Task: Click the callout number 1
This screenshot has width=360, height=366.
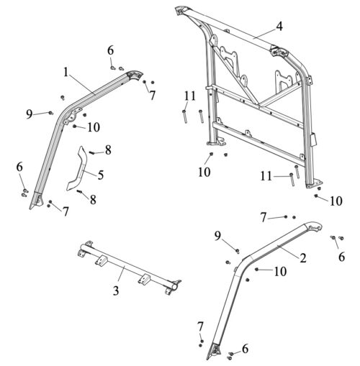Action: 66,72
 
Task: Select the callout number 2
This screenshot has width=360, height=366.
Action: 303,258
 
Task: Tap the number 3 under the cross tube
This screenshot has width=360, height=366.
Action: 116,290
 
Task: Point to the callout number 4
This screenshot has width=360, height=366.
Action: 279,27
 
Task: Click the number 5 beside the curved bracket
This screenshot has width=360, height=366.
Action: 101,175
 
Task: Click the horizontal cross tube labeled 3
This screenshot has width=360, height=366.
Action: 129,267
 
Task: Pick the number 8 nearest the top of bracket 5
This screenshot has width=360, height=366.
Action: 108,150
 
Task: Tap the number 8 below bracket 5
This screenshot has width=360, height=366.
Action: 93,199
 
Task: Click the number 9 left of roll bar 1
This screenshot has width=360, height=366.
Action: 29,114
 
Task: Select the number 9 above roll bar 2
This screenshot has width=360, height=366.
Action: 217,236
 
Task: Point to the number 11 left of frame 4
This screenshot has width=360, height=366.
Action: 190,96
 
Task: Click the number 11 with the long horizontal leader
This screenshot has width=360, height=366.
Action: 266,177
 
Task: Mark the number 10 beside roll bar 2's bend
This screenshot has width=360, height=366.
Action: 280,272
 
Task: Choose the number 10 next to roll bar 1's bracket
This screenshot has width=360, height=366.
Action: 94,127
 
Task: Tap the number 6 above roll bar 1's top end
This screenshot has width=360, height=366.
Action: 110,51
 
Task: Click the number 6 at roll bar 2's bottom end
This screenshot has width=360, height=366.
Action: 245,349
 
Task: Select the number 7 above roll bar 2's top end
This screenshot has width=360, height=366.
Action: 264,218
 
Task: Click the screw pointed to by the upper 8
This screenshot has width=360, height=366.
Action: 92,152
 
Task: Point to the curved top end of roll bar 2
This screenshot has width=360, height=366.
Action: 314,226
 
